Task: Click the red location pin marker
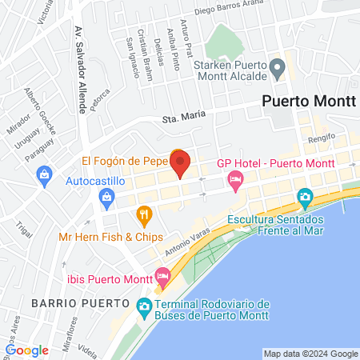pyautogui.click(x=180, y=163)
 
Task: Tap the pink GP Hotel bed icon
pyautogui.click(x=234, y=180)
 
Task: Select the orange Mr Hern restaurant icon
pyautogui.click(x=144, y=214)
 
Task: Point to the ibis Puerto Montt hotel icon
pyautogui.click(x=163, y=278)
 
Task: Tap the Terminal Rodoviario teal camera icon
pyautogui.click(x=144, y=305)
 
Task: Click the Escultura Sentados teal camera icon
pyautogui.click(x=304, y=197)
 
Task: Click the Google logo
pyautogui.click(x=27, y=350)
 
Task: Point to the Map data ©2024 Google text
pyautogui.click(x=311, y=354)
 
